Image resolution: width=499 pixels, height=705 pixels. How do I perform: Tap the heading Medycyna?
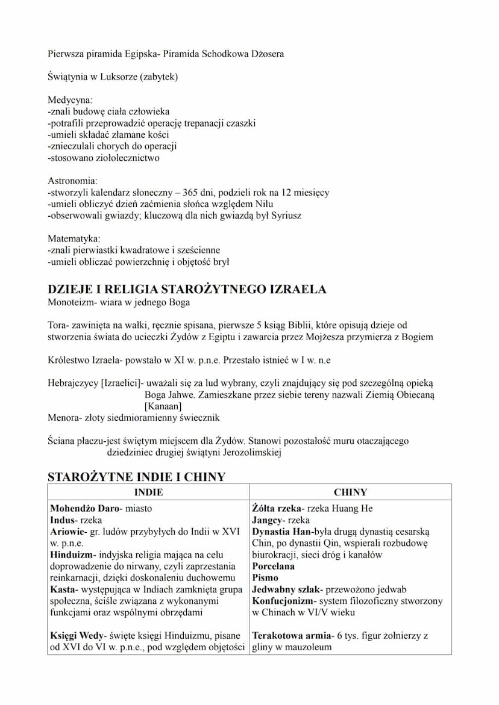[71, 100]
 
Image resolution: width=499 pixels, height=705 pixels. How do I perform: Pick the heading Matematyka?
[74, 238]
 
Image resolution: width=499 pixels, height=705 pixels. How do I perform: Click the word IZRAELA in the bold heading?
[294, 289]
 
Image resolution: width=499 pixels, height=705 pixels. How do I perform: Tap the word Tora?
[57, 325]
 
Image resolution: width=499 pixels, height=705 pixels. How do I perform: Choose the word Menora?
[63, 417]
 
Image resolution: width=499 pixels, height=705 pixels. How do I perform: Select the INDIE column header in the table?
[148, 492]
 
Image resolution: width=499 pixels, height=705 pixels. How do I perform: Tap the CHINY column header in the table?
[350, 492]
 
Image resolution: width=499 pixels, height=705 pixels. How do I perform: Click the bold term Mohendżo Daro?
[83, 509]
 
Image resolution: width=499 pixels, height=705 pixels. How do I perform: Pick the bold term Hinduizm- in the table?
[73, 555]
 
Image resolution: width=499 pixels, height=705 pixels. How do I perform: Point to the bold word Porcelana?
[274, 567]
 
